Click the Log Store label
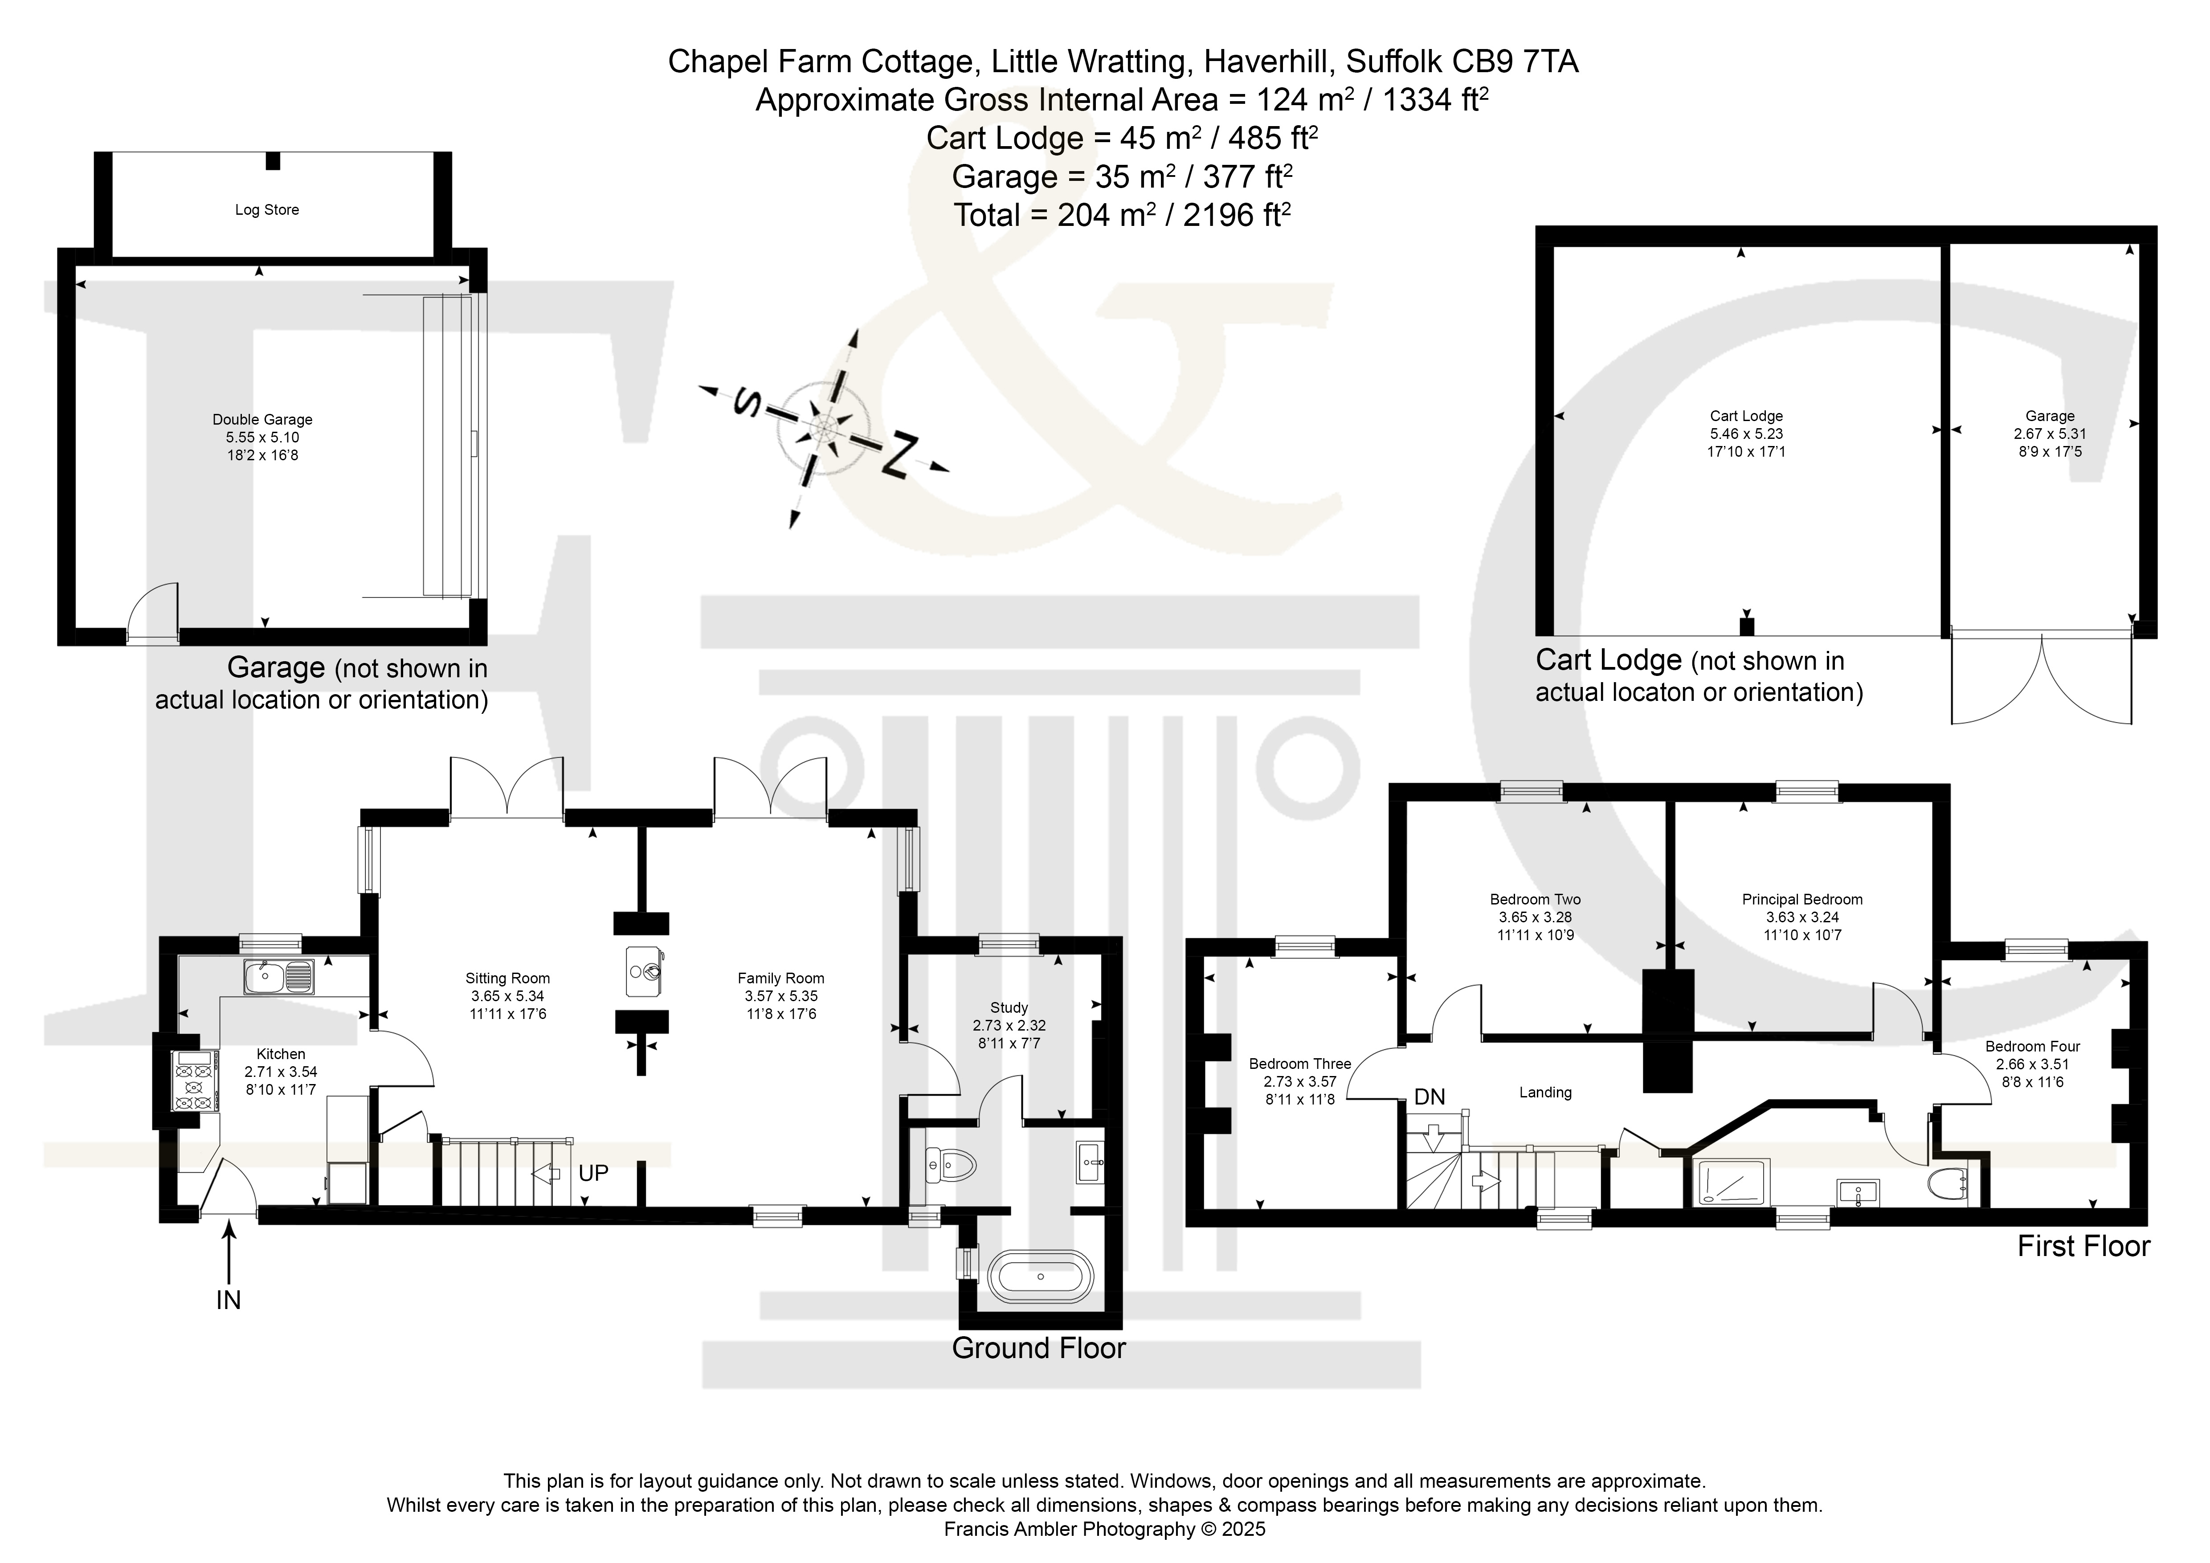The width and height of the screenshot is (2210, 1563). coord(267,210)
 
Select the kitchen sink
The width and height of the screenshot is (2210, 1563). coord(278,977)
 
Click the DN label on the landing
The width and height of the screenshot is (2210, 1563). coord(1430,1096)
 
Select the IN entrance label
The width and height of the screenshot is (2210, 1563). coord(228,1300)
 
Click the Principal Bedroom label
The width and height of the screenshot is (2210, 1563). coord(1802,900)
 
